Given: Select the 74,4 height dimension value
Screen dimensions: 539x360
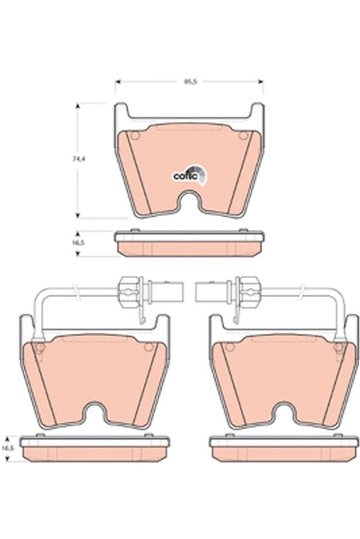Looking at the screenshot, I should (x=79, y=159).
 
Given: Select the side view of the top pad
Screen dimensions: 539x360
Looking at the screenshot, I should (x=189, y=244).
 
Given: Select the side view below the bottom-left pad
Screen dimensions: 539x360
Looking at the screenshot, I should (x=95, y=450).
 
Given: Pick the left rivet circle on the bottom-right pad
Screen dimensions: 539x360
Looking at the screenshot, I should (x=228, y=347).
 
